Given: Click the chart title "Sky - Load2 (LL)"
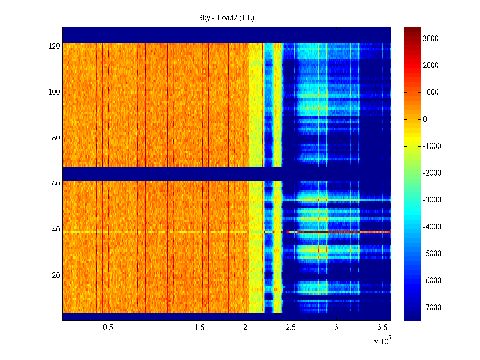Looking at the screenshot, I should click(x=226, y=18).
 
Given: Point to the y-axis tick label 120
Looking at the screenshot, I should click(x=54, y=46).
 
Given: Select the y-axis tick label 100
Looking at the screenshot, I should click(x=54, y=92).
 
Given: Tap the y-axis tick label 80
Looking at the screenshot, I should click(x=56, y=138).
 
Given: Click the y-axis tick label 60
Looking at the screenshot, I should click(x=56, y=184).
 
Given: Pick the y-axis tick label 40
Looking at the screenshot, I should click(x=56, y=230).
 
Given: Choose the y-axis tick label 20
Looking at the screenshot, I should click(x=56, y=276).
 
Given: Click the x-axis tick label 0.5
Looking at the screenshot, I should click(x=108, y=328).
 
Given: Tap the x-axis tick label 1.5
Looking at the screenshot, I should click(x=199, y=328).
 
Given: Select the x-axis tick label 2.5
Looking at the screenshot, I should click(x=291, y=328).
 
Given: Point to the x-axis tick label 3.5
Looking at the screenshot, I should click(x=382, y=328).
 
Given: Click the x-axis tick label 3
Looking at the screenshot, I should click(x=336, y=328).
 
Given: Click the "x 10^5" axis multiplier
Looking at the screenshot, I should click(x=382, y=341).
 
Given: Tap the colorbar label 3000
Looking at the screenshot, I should click(x=431, y=38).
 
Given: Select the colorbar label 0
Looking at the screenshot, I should click(x=425, y=119).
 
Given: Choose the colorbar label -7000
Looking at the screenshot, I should click(x=432, y=308).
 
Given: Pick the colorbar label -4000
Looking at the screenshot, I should click(x=432, y=227).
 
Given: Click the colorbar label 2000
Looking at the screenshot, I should click(x=431, y=65).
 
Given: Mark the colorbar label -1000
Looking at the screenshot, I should click(x=432, y=146).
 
